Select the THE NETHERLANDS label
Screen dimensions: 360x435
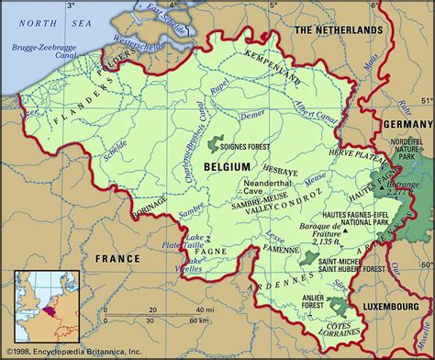pos(337,30)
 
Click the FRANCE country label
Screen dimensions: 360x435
pos(119,259)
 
